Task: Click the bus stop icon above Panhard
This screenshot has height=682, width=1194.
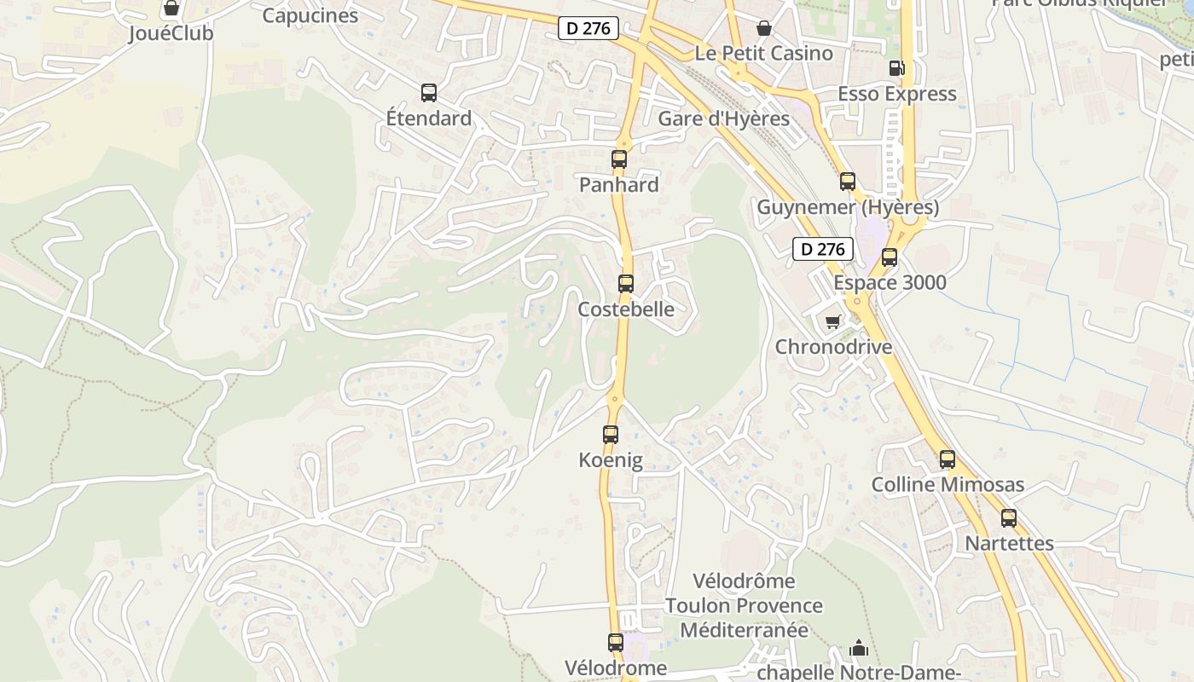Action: tap(619, 159)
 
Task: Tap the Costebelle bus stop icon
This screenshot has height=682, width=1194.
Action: tap(626, 284)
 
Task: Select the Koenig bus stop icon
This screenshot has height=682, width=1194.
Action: tap(611, 435)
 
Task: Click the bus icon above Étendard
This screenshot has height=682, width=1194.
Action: tap(429, 93)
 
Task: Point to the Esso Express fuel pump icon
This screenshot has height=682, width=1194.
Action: tap(896, 68)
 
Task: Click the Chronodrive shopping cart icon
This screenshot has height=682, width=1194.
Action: tap(832, 321)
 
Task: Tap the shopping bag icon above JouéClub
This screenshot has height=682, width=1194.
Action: tap(171, 9)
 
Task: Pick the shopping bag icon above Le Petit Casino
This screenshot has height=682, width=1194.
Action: tap(764, 28)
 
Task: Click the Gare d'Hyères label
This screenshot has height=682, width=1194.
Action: tap(723, 118)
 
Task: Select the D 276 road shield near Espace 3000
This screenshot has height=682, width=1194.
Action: tap(823, 249)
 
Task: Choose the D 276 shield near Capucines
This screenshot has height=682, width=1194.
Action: tap(588, 28)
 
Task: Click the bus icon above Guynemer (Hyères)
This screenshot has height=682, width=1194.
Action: tap(848, 182)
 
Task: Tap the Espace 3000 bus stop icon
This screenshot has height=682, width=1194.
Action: tap(890, 257)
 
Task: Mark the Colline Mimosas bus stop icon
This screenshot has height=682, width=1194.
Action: tap(948, 459)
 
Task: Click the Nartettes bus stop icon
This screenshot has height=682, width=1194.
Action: tap(1009, 518)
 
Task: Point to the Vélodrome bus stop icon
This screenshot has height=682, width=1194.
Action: tap(616, 643)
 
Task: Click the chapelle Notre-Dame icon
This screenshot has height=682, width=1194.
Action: tap(859, 649)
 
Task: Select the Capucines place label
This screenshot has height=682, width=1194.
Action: tap(310, 15)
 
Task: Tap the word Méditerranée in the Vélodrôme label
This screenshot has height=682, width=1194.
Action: tap(744, 630)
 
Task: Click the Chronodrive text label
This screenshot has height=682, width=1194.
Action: tap(833, 347)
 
